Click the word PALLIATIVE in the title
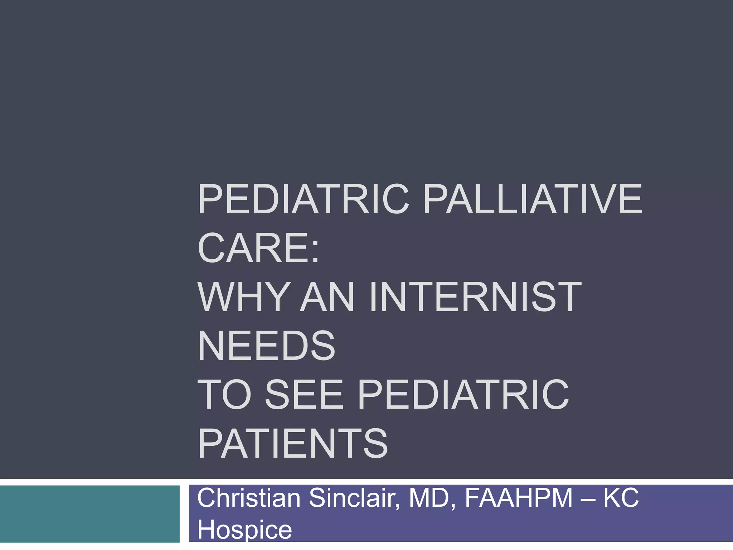(x=533, y=199)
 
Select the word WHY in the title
(x=243, y=297)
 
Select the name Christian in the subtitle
(x=249, y=498)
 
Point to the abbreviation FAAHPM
(x=519, y=498)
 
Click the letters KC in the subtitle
(x=621, y=498)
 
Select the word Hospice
(x=244, y=530)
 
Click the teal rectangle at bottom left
(x=89, y=514)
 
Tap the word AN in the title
(x=327, y=297)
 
